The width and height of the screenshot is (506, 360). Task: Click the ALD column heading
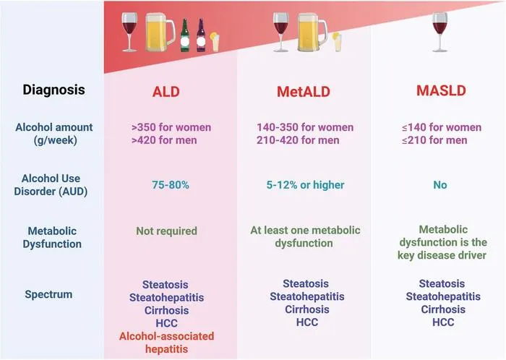click(166, 92)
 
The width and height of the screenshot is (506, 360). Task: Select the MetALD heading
click(304, 92)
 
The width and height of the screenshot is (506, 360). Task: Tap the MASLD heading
click(441, 90)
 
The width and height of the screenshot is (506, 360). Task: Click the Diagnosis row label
click(54, 90)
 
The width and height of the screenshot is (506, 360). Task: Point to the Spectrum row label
click(48, 294)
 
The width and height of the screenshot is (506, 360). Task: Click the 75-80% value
click(171, 185)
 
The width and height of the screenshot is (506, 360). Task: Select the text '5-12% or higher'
click(305, 185)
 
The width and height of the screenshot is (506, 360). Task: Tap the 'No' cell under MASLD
click(440, 185)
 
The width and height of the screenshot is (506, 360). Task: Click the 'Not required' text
click(166, 231)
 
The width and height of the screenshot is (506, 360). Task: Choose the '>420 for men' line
click(164, 140)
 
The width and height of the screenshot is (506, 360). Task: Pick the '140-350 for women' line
click(305, 127)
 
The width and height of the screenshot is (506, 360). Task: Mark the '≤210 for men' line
click(434, 140)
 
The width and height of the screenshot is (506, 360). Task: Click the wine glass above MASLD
click(439, 32)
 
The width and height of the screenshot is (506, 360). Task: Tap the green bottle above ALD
click(184, 35)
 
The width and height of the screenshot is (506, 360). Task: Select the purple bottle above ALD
click(201, 35)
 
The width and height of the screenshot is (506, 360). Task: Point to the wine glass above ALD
click(129, 32)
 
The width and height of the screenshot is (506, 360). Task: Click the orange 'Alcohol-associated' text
click(166, 336)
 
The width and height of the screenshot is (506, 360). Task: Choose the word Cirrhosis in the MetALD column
click(307, 309)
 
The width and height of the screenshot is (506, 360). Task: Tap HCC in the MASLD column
click(443, 322)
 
